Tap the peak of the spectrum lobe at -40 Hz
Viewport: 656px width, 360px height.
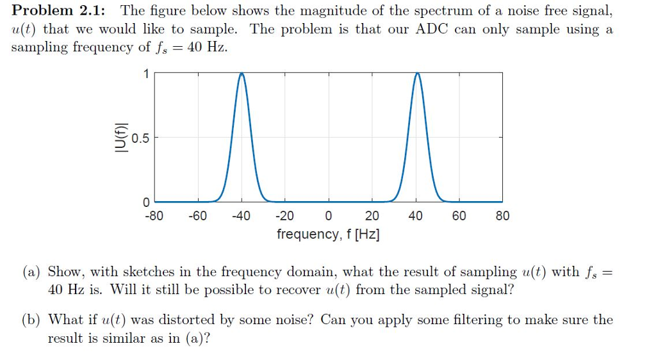click(x=242, y=74)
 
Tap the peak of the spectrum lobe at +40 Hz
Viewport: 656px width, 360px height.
click(x=416, y=74)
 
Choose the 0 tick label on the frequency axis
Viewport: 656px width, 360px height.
click(x=329, y=216)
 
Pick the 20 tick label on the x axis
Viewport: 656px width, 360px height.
click(x=372, y=216)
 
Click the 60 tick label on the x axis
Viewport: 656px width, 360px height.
click(x=459, y=216)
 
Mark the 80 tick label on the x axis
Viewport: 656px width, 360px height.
click(x=503, y=216)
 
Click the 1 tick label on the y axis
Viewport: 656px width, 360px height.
click(x=146, y=74)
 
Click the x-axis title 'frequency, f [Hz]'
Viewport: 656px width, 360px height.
click(x=328, y=234)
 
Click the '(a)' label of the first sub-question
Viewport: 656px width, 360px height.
click(x=32, y=272)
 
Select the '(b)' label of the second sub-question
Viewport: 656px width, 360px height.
click(x=32, y=320)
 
